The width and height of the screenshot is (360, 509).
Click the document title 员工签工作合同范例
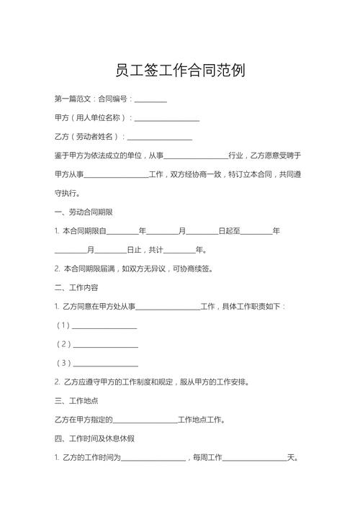(180, 71)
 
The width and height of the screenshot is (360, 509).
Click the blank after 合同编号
(150, 99)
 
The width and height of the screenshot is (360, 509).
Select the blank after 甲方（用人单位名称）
(167, 117)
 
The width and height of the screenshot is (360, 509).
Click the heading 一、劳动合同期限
(83, 212)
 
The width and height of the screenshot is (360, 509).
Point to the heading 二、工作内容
(76, 288)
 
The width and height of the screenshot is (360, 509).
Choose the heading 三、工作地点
(76, 400)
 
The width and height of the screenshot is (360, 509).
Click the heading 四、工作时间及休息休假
(94, 438)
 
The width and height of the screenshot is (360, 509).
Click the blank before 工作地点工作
(145, 420)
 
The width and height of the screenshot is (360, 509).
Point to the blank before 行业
(196, 156)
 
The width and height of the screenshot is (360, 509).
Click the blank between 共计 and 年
(180, 250)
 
